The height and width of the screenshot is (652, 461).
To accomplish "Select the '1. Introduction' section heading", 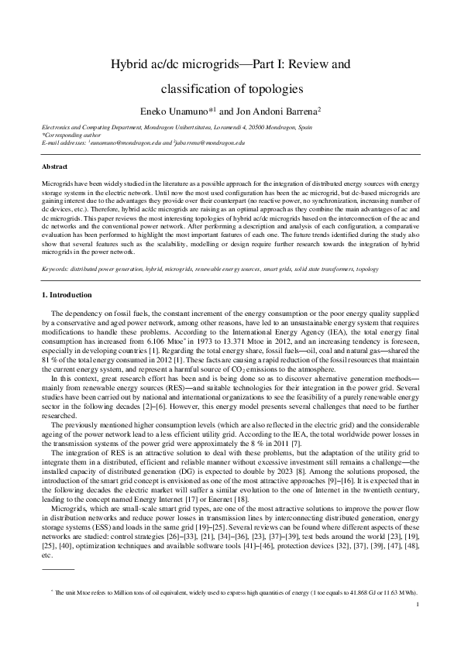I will point(66,295).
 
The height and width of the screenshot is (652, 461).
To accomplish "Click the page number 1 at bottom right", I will point(418,626).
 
